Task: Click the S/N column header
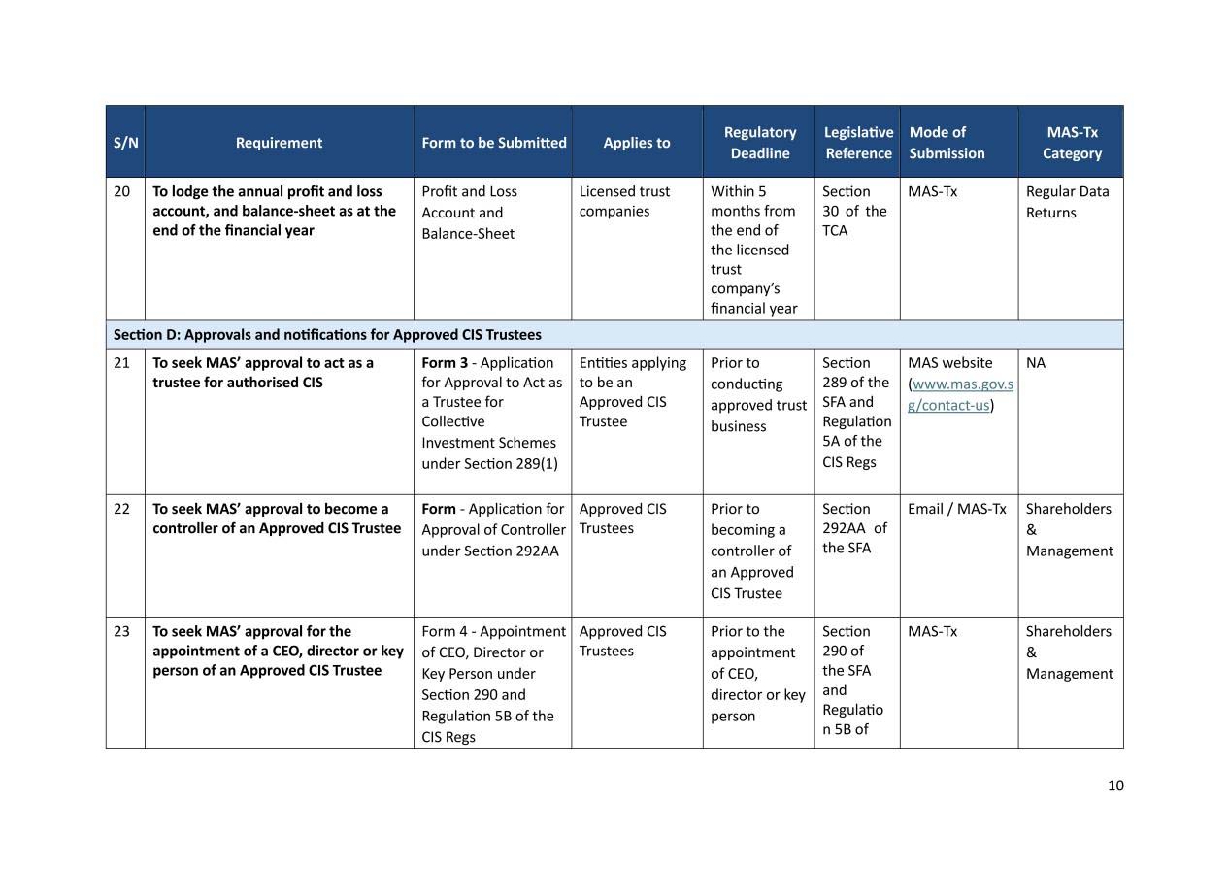point(125,142)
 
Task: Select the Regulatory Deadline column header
point(759,142)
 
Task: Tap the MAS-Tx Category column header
point(1071,142)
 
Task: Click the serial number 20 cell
point(122,191)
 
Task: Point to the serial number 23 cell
point(122,631)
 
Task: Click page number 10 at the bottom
point(1114,785)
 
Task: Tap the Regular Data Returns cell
point(1066,202)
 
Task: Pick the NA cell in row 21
point(1036,363)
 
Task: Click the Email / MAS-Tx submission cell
point(956,509)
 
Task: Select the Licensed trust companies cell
point(624,201)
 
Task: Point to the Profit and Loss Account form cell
point(469,213)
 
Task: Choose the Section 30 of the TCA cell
point(853,211)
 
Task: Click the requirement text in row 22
point(276,518)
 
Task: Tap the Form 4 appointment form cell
point(492,684)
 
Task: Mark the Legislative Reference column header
point(857,142)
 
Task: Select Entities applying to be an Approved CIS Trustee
point(632,392)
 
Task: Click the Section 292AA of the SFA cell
point(853,528)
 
